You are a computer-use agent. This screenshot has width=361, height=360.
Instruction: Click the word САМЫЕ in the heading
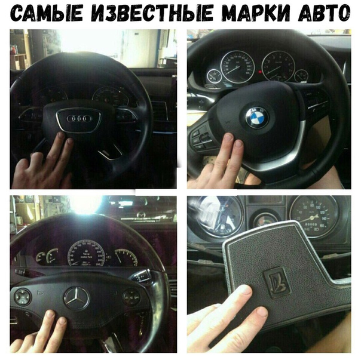(47, 13)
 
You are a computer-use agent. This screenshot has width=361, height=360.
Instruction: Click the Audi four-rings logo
(79, 118)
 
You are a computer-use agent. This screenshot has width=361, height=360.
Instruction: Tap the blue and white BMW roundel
(257, 117)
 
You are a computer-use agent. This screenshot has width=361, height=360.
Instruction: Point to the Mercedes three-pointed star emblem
(77, 298)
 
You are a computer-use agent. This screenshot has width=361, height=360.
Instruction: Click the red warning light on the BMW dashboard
(260, 72)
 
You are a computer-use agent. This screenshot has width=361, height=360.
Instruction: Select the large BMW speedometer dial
(237, 67)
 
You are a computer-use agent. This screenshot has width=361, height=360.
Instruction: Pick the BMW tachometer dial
(278, 66)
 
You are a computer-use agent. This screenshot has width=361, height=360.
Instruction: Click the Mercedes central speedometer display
(86, 253)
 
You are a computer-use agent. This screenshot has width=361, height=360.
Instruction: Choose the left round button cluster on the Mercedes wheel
(23, 297)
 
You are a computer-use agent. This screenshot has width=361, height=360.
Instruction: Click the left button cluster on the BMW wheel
(202, 137)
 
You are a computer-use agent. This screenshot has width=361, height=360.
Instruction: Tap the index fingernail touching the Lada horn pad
(246, 290)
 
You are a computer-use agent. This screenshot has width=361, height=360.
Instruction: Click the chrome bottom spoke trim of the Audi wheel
(110, 153)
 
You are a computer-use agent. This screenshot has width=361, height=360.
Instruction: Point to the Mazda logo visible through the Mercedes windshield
(141, 215)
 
